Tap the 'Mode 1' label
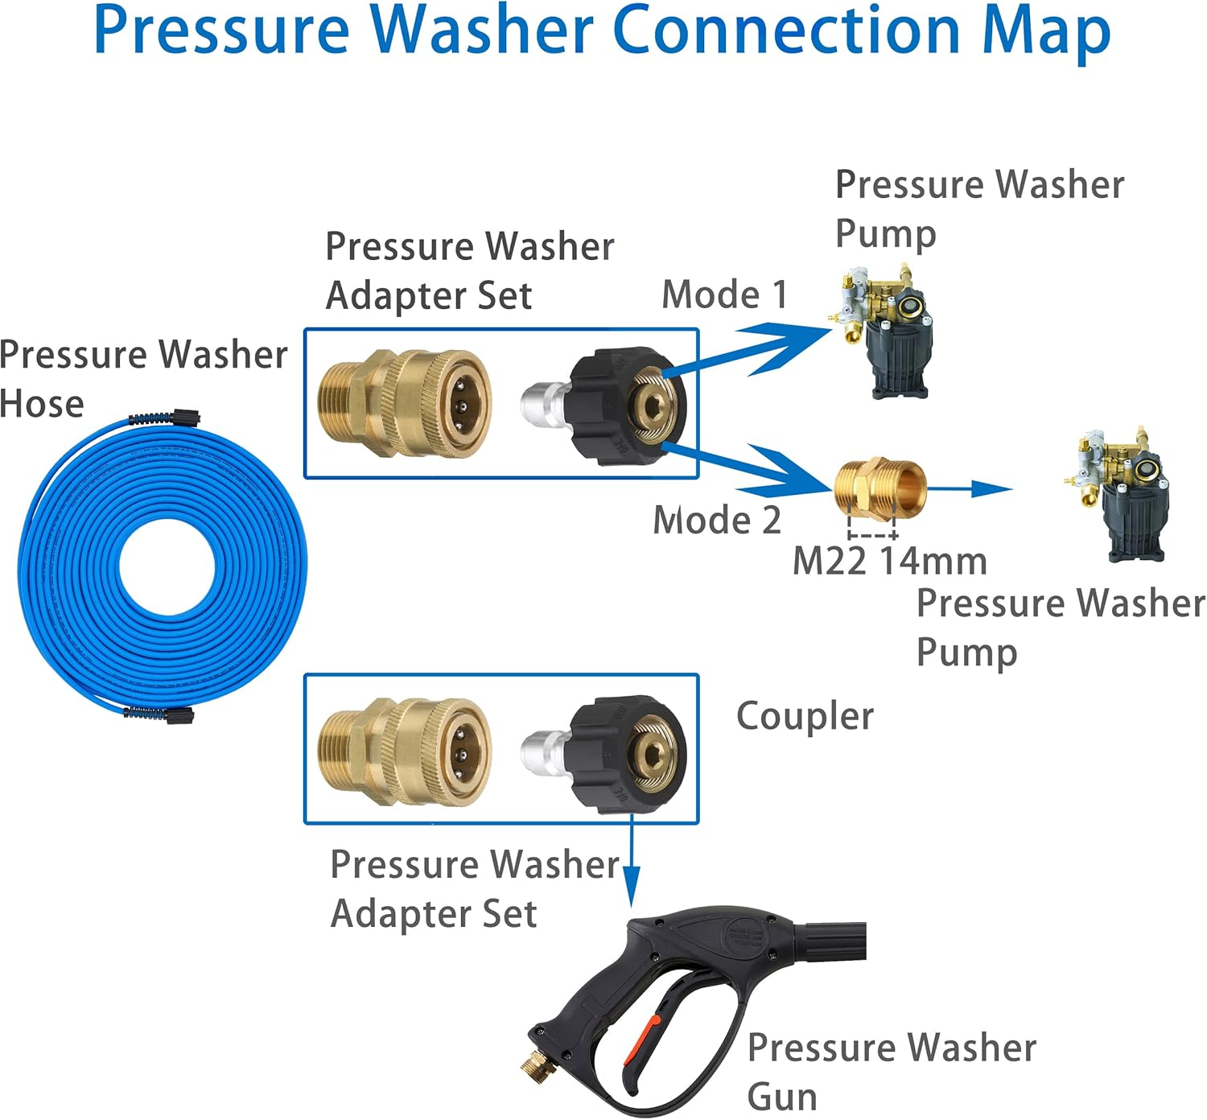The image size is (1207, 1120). pyautogui.click(x=724, y=294)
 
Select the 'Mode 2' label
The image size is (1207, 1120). pyautogui.click(x=716, y=520)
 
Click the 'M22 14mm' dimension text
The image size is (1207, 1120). pyautogui.click(x=889, y=562)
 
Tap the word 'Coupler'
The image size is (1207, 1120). pyautogui.click(x=805, y=716)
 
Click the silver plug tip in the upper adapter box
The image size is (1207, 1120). pyautogui.click(x=544, y=402)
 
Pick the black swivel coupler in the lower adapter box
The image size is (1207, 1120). pyautogui.click(x=628, y=754)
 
